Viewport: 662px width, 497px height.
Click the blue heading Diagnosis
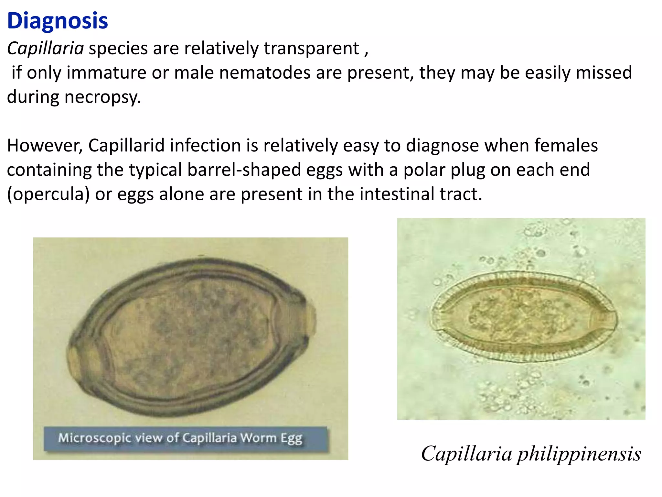58,21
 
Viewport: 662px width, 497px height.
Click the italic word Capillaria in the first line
46,49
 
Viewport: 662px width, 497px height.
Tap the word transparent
311,49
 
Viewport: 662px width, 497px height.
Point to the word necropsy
103,97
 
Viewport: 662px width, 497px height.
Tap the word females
566,145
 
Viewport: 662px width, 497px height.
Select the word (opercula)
48,194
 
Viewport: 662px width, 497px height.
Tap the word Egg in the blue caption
291,438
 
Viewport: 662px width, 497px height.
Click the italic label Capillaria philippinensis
531,454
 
